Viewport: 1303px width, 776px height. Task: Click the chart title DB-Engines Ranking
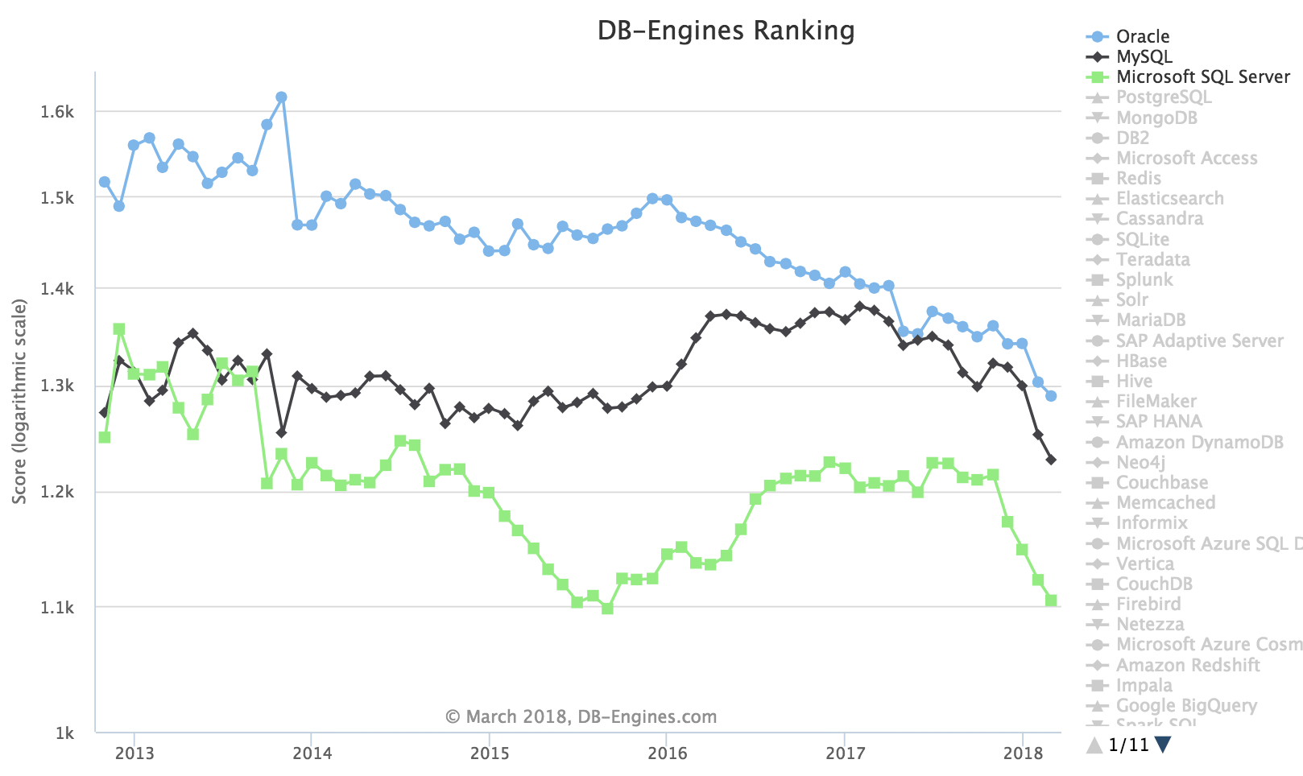tap(726, 31)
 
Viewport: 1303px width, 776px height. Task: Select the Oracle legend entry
tap(1142, 36)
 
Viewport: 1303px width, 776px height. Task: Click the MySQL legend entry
tap(1144, 56)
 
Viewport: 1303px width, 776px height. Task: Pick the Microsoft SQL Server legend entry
tap(1202, 76)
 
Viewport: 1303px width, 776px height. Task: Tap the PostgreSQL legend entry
tap(1163, 97)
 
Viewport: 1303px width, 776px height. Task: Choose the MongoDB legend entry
tap(1156, 118)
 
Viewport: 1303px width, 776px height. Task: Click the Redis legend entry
tap(1138, 178)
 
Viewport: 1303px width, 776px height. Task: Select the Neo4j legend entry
tap(1140, 462)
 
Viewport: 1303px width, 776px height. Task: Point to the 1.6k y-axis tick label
tap(57, 112)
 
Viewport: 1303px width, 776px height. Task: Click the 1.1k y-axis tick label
tap(57, 608)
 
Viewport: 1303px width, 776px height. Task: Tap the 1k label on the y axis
tap(64, 733)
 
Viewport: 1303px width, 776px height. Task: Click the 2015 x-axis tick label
tap(490, 753)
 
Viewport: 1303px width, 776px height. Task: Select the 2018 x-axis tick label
tap(1023, 753)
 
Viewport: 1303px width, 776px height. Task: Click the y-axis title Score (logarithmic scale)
tap(19, 401)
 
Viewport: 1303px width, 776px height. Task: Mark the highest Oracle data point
tap(281, 97)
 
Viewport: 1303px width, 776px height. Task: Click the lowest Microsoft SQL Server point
tap(607, 609)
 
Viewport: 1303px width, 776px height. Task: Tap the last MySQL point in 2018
tap(1051, 460)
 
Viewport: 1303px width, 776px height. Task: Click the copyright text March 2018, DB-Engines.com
tap(581, 716)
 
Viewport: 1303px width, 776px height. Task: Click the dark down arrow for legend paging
tap(1162, 745)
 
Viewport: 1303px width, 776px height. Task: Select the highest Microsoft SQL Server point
tap(119, 328)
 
